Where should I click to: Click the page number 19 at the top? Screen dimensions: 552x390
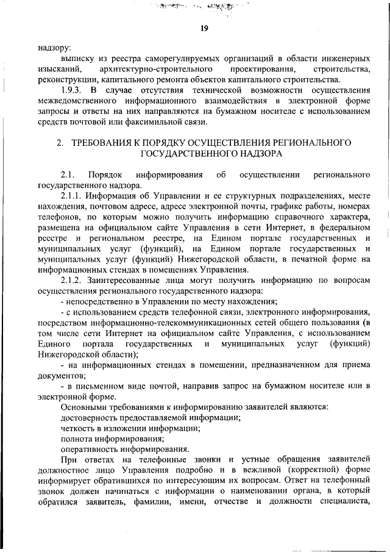point(204,27)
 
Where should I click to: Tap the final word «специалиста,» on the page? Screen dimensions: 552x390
point(346,501)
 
